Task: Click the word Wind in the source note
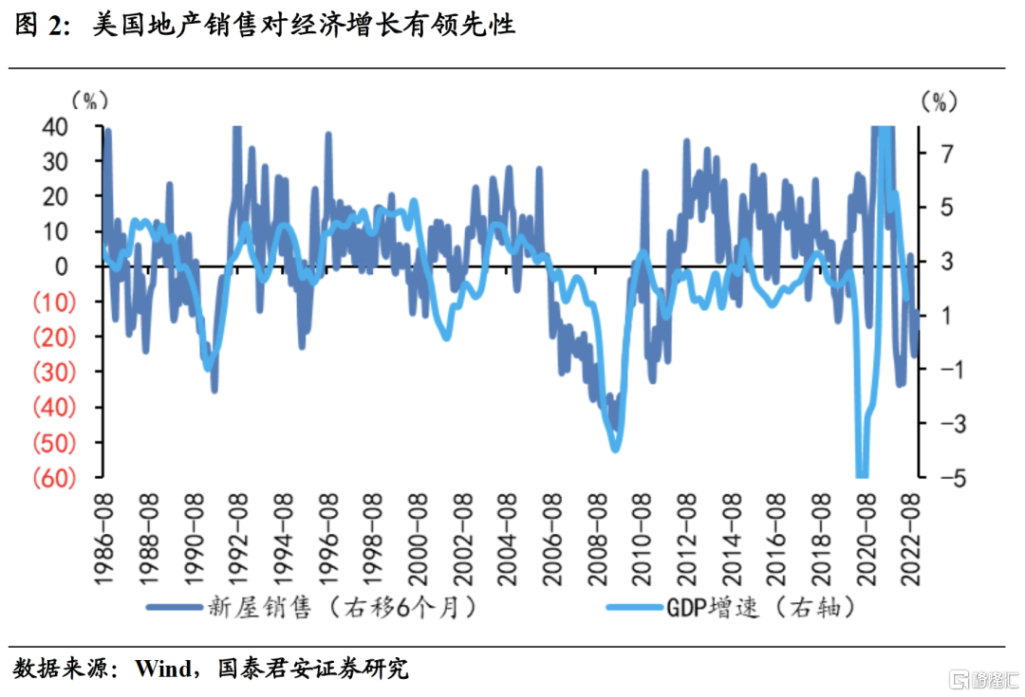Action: click(x=162, y=669)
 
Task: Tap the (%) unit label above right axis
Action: click(x=941, y=100)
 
